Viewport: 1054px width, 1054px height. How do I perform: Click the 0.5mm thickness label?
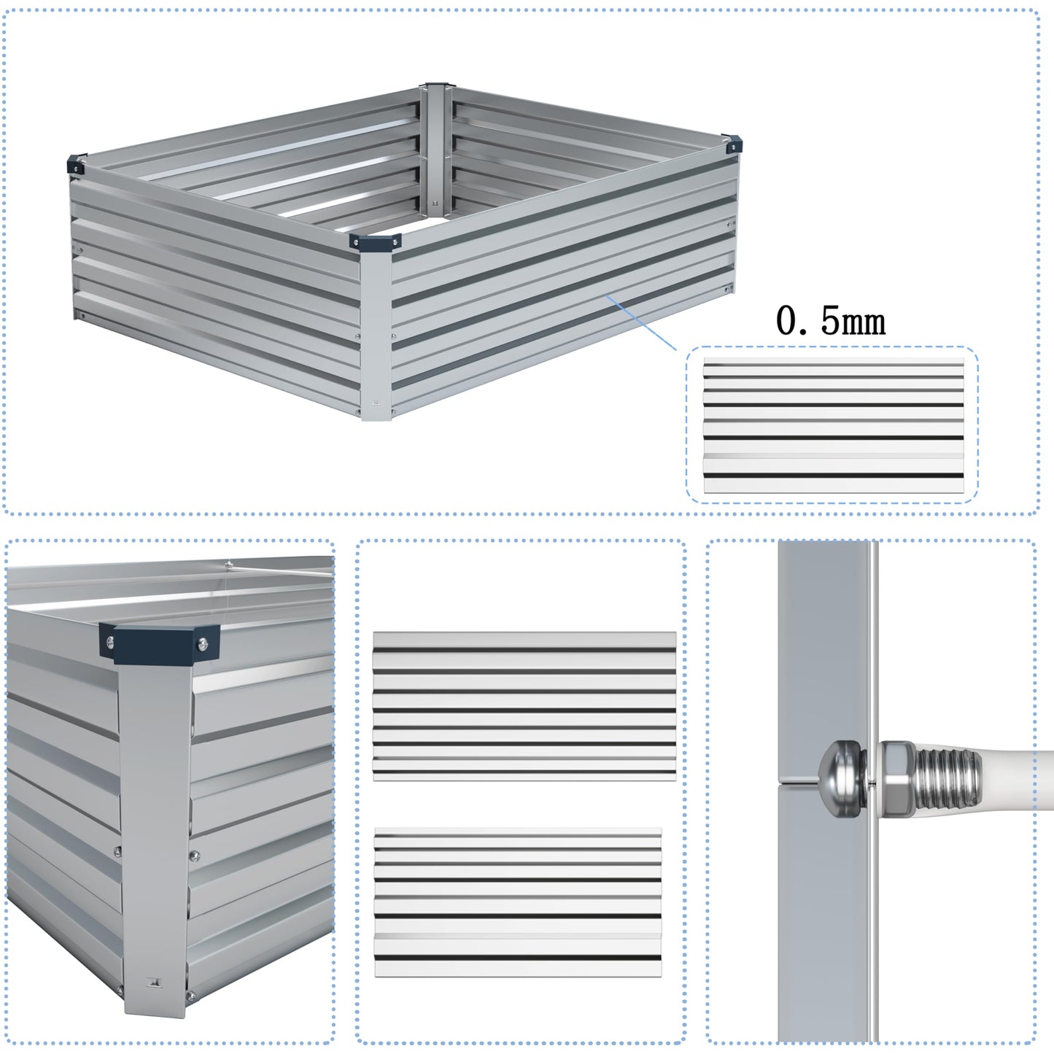830,321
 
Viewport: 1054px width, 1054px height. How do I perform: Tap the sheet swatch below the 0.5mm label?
832,425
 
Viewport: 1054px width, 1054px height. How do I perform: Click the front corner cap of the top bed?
376,243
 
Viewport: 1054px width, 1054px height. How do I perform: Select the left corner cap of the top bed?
76,165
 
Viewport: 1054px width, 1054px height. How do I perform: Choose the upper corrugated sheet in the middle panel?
524,705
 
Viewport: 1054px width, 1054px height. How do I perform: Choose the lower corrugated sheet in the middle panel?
518,902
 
